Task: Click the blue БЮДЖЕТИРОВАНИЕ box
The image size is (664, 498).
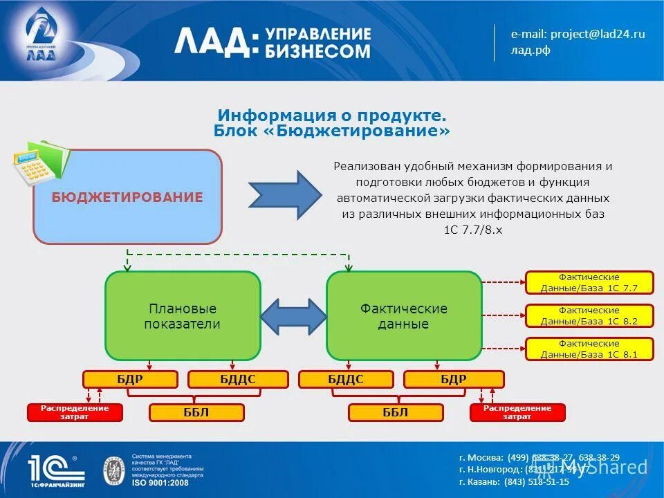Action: point(127,197)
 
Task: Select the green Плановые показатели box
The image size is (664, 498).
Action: point(183,315)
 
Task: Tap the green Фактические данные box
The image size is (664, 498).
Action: point(404,315)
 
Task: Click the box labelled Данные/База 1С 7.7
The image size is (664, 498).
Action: point(589,283)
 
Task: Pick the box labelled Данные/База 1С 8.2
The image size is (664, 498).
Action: point(589,316)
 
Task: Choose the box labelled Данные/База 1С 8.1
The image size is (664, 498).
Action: point(589,349)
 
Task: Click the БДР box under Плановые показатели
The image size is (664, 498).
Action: point(130,379)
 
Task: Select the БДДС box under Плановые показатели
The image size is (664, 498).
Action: point(238,379)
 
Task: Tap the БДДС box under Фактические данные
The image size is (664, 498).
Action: point(346,379)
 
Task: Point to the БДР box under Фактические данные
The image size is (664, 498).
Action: point(454,379)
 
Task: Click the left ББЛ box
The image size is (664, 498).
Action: point(197,413)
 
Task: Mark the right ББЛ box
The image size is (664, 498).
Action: point(396,413)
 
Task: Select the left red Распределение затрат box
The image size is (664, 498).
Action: point(75,413)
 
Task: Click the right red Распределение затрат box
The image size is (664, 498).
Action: point(517,413)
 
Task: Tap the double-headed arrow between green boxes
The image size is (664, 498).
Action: point(293,316)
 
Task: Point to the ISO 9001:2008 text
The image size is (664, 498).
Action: point(160,482)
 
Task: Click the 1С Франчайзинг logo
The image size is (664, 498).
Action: point(56,470)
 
